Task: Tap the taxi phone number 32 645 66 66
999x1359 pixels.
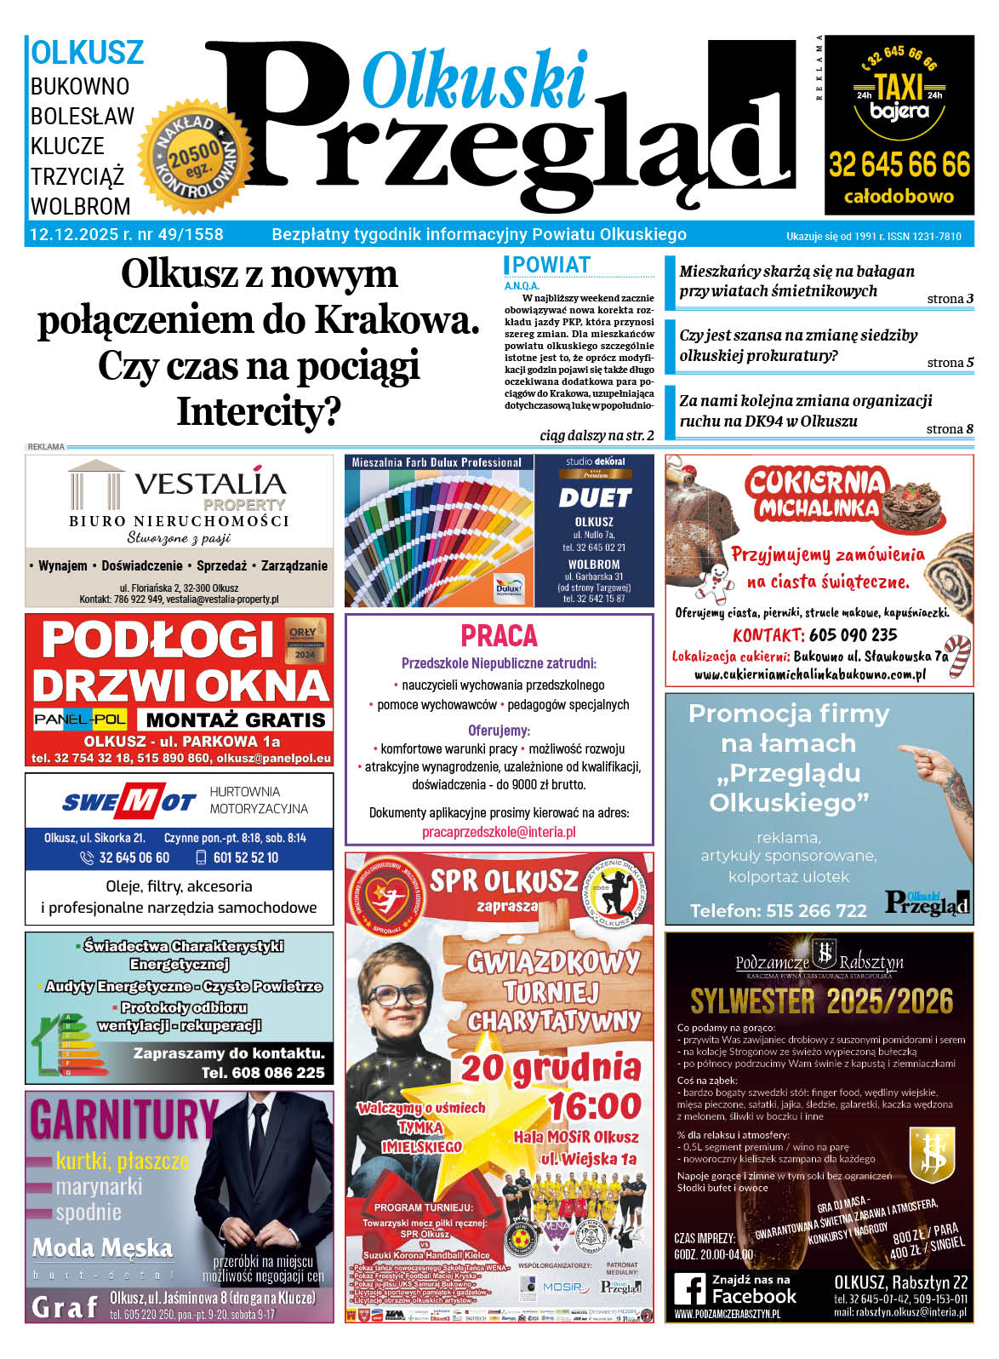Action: (x=899, y=164)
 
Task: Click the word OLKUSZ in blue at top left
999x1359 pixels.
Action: (x=87, y=53)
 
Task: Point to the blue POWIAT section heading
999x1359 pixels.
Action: (x=551, y=265)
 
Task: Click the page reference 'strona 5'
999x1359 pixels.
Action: (x=950, y=363)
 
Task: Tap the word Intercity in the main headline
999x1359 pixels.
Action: (x=258, y=412)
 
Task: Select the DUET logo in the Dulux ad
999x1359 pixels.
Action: (x=594, y=497)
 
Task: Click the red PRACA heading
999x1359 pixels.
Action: (x=499, y=636)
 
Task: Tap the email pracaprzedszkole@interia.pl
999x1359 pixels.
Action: (x=499, y=832)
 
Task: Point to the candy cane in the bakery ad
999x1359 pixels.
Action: (x=958, y=656)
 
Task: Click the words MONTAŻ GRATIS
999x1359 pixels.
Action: (x=236, y=720)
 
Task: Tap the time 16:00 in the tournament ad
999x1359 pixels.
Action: (x=595, y=1106)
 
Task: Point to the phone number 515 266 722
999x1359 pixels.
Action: (x=816, y=910)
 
